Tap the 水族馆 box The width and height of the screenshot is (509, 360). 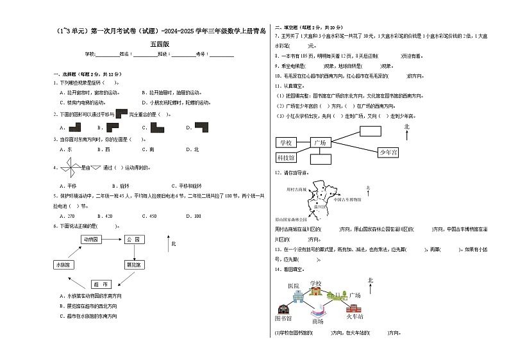click(x=63, y=265)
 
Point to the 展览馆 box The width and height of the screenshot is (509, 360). click(x=134, y=265)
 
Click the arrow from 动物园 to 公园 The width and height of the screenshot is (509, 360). click(x=110, y=239)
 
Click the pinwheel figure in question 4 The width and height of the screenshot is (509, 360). click(x=69, y=168)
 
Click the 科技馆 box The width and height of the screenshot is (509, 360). click(x=285, y=157)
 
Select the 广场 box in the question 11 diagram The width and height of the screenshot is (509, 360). click(x=319, y=142)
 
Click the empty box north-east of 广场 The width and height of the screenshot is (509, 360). click(x=370, y=131)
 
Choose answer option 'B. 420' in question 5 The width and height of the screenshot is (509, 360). click(x=108, y=215)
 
